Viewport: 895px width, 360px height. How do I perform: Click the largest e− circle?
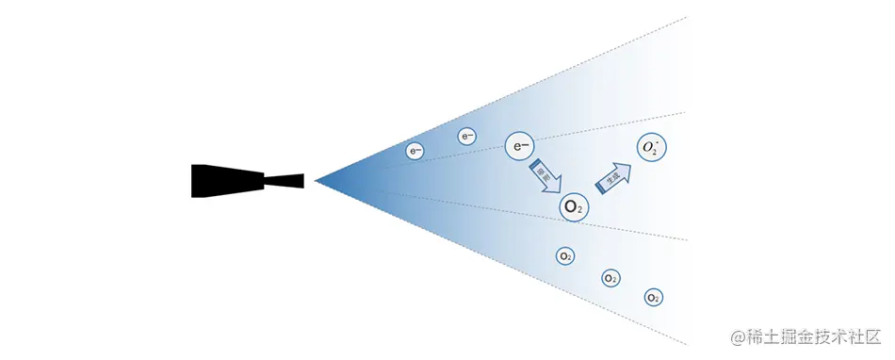521,146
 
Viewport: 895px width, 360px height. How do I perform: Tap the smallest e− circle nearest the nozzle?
415,150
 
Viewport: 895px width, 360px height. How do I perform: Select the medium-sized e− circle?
467,137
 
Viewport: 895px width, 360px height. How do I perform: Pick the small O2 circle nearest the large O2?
565,255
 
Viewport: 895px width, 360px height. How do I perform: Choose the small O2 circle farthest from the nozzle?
654,297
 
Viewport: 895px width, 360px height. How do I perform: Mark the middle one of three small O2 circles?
610,278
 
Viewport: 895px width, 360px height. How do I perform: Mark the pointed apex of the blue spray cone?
317,180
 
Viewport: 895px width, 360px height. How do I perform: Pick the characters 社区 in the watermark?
864,335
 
